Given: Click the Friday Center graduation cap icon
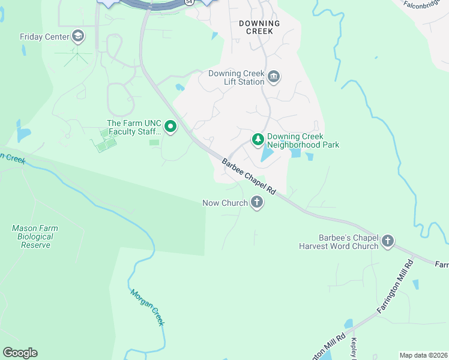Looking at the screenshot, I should (77, 37).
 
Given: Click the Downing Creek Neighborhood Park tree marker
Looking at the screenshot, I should (258, 139).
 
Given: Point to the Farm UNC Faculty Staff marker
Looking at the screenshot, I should (170, 127).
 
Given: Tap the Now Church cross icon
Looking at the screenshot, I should (257, 202).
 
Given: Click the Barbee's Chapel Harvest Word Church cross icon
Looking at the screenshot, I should (388, 241).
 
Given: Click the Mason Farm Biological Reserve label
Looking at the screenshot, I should (33, 236).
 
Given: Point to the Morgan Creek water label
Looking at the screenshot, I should (147, 308).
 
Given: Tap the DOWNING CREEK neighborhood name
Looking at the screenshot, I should (259, 27).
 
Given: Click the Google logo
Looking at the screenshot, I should (20, 353).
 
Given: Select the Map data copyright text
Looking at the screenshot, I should (424, 355).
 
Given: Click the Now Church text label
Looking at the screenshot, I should (225, 203).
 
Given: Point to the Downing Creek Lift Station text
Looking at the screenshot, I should (237, 77).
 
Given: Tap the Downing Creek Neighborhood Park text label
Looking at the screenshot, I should (303, 140).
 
